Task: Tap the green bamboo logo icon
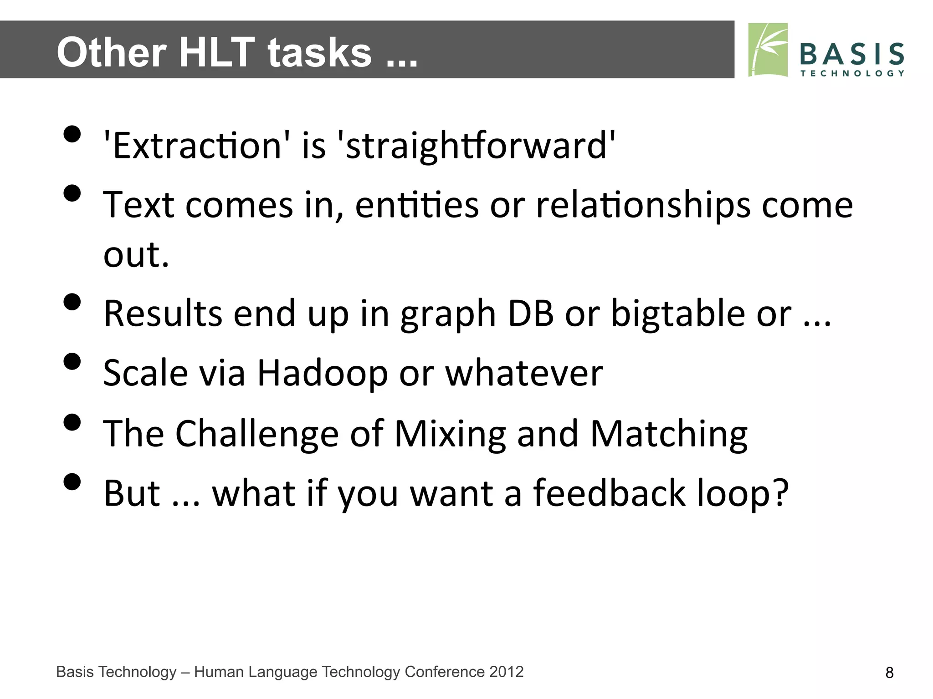coord(768,50)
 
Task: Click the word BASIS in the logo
coord(851,55)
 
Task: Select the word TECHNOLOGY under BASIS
coord(851,73)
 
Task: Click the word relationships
coord(643,205)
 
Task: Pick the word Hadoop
coord(323,373)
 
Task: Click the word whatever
coord(524,373)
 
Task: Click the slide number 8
coord(889,673)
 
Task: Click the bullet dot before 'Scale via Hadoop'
coord(72,362)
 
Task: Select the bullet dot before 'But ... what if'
coord(72,481)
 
